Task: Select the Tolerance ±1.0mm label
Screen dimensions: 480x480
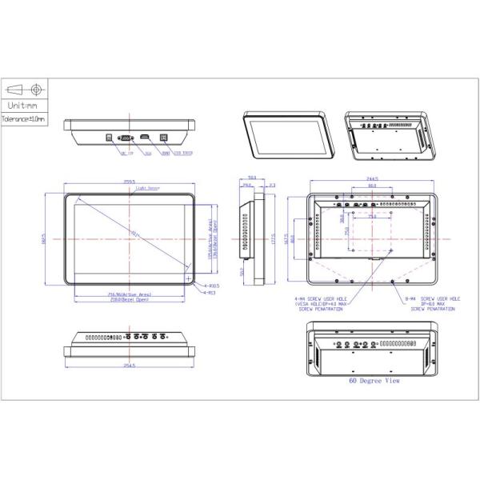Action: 23,118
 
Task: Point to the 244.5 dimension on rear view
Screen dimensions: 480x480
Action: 371,179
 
